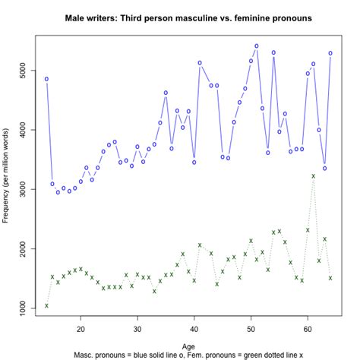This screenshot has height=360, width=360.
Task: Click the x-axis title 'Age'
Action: (x=188, y=346)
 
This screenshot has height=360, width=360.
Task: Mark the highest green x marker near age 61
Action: (x=313, y=176)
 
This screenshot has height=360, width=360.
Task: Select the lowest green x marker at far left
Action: (x=46, y=305)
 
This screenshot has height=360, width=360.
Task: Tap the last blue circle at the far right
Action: (x=330, y=53)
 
